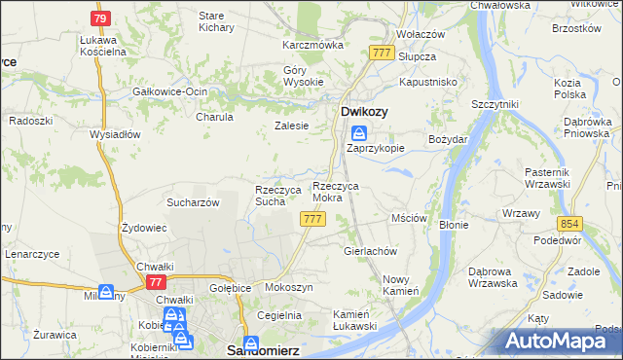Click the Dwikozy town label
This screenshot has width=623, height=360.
364,112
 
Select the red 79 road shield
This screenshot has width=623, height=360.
100,18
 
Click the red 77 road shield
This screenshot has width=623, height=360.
155,281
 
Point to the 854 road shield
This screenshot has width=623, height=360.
569,223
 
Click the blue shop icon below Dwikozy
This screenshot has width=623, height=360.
359,133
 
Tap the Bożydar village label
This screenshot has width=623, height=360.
449,140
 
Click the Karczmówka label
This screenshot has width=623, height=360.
313,45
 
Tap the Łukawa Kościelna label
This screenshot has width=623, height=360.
104,45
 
